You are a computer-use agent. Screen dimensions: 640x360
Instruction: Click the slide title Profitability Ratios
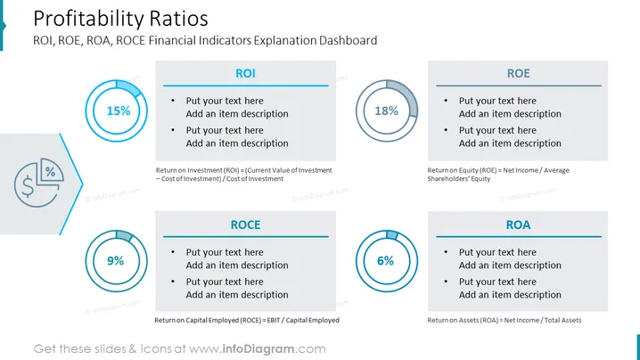(x=120, y=19)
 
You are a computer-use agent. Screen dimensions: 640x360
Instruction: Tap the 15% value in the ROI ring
(x=119, y=110)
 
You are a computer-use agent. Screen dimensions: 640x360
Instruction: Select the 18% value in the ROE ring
(x=387, y=110)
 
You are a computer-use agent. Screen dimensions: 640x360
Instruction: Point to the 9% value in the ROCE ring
(x=116, y=261)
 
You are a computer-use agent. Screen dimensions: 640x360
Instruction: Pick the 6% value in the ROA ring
(x=385, y=261)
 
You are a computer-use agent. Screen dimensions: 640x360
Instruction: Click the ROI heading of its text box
(x=245, y=73)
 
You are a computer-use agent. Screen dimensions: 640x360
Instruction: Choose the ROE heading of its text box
(x=519, y=73)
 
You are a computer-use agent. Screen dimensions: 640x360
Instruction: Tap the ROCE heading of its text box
(x=245, y=225)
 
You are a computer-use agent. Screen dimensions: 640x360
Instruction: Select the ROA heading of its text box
(x=519, y=225)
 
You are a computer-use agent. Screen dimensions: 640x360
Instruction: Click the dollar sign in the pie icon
(x=28, y=186)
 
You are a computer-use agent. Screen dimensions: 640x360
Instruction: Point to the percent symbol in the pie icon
(x=50, y=172)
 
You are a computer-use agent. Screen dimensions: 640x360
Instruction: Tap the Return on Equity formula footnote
(x=498, y=175)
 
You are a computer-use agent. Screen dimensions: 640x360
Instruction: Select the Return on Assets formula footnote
(x=505, y=321)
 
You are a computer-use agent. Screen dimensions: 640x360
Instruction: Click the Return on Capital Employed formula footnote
(x=247, y=321)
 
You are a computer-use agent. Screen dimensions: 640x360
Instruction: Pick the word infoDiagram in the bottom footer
(x=258, y=349)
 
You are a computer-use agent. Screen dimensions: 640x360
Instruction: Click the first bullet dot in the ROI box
(x=173, y=101)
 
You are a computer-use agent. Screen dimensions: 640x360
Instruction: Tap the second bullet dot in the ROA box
(x=446, y=282)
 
